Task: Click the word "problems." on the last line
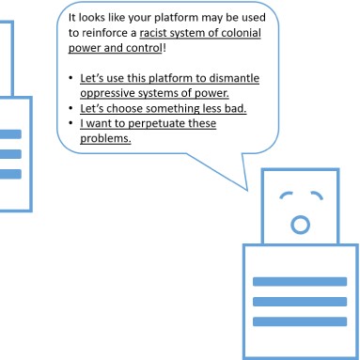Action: (105, 138)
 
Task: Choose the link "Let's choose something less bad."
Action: (164, 108)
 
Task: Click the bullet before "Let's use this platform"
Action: (71, 78)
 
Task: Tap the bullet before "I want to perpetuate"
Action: (71, 123)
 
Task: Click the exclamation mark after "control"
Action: (164, 48)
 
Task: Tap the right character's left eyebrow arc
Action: (286, 195)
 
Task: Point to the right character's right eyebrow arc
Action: (317, 195)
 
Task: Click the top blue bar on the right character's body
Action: (300, 281)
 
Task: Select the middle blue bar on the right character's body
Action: (300, 302)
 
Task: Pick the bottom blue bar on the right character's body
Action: (300, 321)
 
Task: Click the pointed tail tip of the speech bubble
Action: (247, 190)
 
